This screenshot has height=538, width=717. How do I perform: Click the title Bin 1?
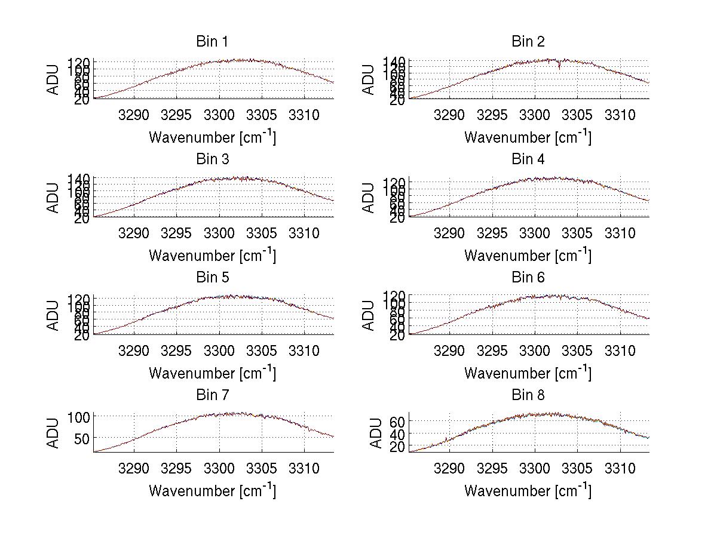point(212,42)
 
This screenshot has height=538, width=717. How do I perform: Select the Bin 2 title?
point(528,42)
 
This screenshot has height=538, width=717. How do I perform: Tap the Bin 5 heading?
point(212,278)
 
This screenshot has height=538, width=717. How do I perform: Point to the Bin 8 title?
point(528,395)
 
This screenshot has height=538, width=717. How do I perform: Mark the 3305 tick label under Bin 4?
point(577,232)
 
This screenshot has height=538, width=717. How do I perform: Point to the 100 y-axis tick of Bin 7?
point(79,417)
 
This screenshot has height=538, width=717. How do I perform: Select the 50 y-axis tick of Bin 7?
point(83,438)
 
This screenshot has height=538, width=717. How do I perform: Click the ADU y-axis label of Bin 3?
point(54,198)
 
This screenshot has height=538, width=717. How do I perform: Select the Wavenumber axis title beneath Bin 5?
point(212,373)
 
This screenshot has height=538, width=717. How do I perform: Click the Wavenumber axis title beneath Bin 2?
point(528,137)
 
